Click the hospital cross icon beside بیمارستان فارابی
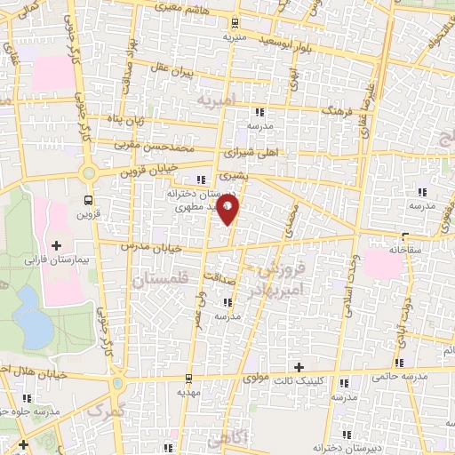57,244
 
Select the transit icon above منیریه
234,23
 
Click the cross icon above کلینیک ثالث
299,367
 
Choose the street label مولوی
259,378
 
